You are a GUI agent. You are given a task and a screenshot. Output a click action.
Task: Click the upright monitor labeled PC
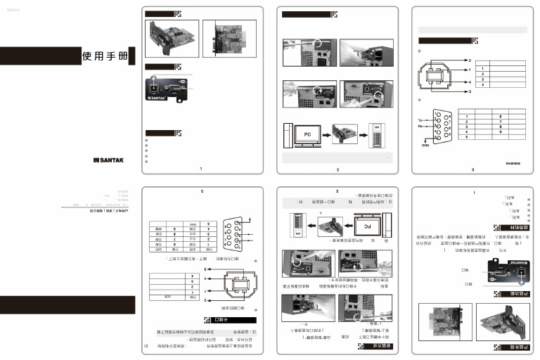click(307, 134)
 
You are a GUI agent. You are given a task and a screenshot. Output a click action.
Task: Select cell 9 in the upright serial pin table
click(501, 131)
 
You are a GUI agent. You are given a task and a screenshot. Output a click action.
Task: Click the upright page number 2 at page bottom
click(337, 170)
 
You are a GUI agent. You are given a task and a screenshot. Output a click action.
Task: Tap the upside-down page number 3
click(202, 191)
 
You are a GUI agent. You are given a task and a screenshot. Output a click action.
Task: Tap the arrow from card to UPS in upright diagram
click(361, 134)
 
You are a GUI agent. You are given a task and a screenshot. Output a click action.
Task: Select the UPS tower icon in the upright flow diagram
click(378, 134)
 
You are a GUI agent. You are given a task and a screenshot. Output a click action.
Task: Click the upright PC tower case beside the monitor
click(287, 136)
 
